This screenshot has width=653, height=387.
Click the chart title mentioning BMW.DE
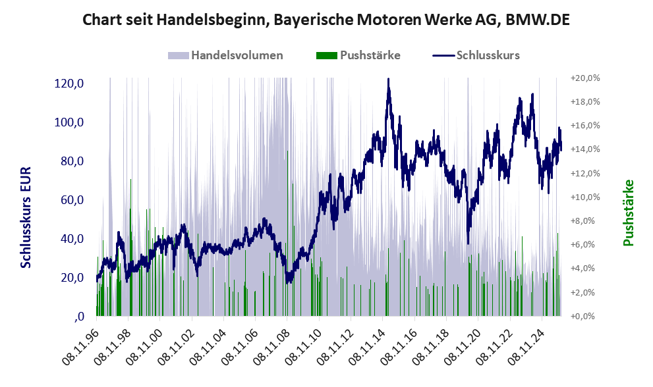(326, 20)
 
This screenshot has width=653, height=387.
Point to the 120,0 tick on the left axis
(69, 84)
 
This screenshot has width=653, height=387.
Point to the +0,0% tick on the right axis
(586, 316)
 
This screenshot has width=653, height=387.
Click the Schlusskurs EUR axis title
(26, 217)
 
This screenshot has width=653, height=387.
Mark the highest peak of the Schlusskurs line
(388, 80)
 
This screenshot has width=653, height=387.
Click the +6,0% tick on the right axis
(586, 244)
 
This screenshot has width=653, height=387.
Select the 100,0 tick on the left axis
(69, 122)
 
